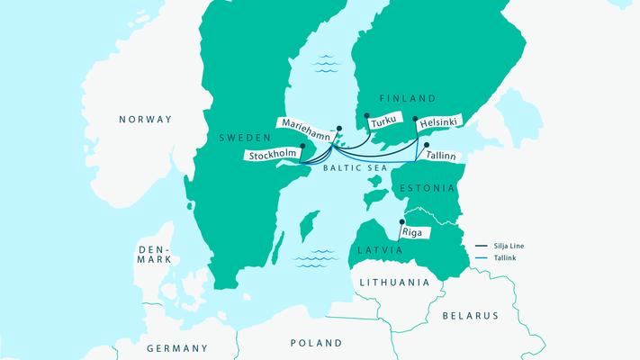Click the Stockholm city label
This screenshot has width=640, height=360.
tap(272, 154)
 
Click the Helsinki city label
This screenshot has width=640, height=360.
tap(436, 121)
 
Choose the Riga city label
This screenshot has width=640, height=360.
tap(417, 231)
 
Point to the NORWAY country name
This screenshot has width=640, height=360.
tap(145, 119)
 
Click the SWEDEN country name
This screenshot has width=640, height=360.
tap(246, 138)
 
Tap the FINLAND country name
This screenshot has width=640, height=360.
tap(407, 98)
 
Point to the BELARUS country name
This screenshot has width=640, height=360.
tap(469, 316)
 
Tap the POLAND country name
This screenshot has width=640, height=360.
tap(316, 343)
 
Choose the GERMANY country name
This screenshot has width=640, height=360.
tap(176, 348)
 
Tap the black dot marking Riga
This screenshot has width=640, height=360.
tap(401, 221)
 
